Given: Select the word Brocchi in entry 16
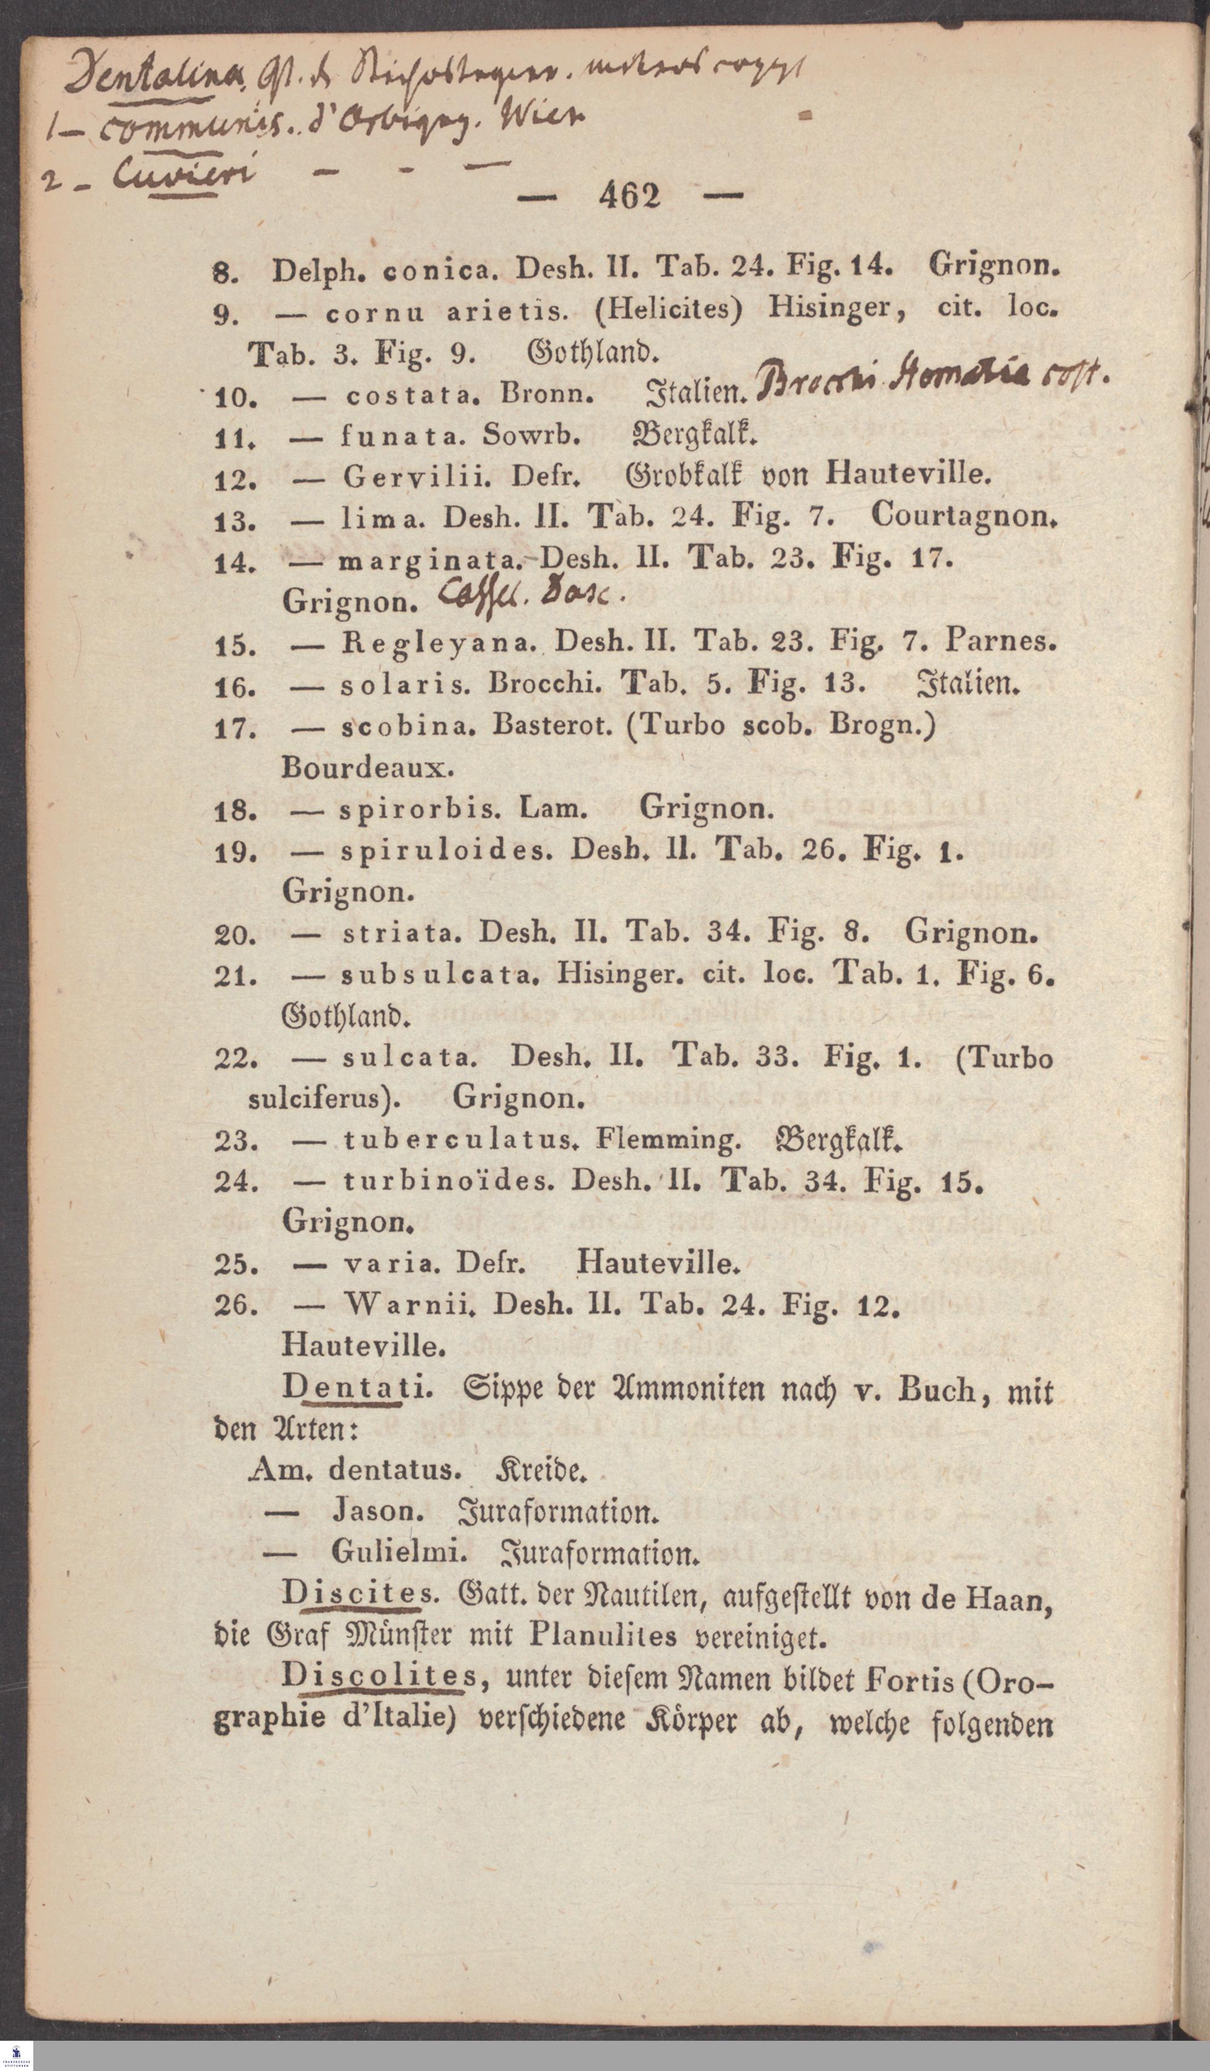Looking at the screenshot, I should coord(543,683).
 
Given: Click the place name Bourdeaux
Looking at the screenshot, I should coord(367,768).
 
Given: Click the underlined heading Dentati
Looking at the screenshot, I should coord(355,1387).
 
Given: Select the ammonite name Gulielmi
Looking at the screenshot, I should coord(399,1552).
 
